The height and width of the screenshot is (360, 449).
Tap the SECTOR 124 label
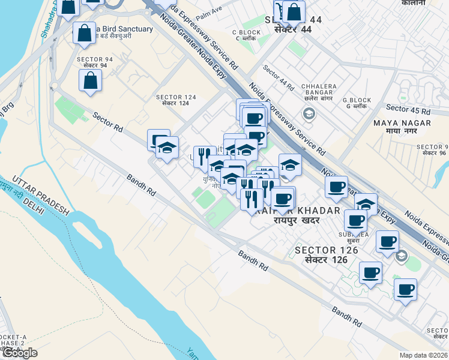point(176,100)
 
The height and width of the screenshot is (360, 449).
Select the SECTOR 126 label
point(327,254)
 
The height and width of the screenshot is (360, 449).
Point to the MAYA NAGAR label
point(394,127)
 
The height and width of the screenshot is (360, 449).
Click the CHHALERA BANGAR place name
point(319,89)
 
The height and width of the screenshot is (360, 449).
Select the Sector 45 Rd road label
point(408,110)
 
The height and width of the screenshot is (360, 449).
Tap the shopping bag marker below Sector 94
point(90,80)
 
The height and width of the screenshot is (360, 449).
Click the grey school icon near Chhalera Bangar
point(309,113)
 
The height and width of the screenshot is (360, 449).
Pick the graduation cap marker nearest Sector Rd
point(167,146)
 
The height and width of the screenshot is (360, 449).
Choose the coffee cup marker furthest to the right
point(405,289)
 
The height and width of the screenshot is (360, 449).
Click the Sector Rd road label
point(107,121)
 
